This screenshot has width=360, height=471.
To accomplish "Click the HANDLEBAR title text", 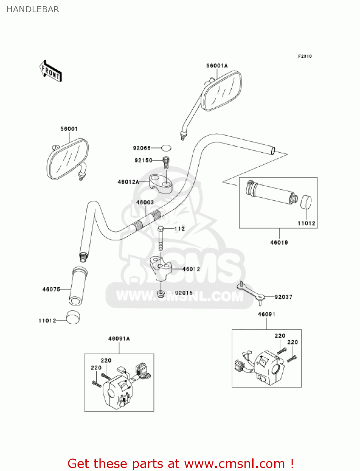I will coord(33,9).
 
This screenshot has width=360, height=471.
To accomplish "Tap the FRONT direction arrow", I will coord(51,71).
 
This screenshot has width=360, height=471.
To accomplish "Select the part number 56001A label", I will coord(217,66).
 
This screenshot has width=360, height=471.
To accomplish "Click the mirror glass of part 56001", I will coord(67,160).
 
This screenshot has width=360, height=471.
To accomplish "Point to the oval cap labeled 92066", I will coord(166,148).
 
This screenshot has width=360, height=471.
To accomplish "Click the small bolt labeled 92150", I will coord(166,162).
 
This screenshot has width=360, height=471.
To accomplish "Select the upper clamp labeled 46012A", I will coord(161,183).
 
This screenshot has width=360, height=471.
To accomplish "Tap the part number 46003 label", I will coord(145,203).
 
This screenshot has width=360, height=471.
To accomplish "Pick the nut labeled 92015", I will coord(161,294).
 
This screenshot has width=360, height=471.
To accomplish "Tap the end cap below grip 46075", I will coord(73,317).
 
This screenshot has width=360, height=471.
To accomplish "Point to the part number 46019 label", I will coord(279,242).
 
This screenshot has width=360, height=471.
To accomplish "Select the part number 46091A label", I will coord(119,338).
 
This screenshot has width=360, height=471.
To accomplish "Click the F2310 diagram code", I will coord(305,56).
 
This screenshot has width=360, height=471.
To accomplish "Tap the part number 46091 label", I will coord(266,314).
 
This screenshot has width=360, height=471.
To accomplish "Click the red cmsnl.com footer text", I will coord(180,463).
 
